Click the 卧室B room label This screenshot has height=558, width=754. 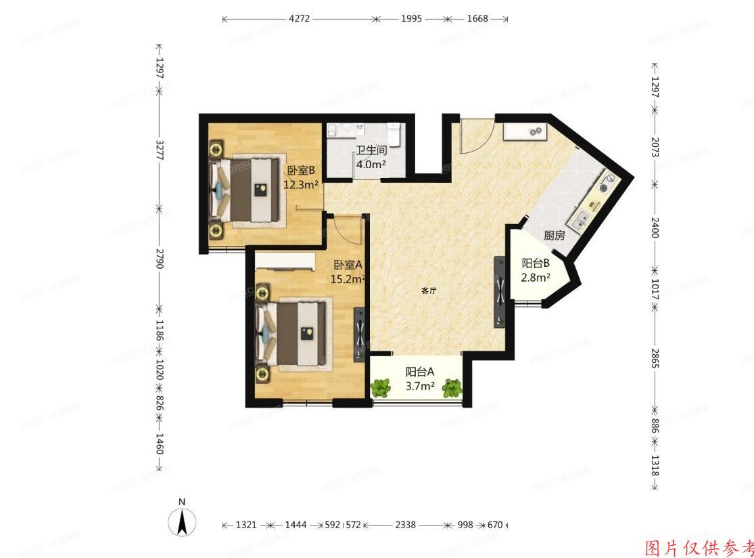[302, 171]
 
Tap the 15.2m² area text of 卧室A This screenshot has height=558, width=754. [348, 278]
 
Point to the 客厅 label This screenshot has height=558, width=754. [428, 291]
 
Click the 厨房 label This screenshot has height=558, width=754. [554, 236]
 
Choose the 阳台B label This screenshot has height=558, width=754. [535, 263]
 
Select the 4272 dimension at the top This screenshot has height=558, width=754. [299, 19]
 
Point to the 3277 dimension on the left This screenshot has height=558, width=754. [160, 150]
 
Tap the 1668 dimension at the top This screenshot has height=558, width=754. [477, 19]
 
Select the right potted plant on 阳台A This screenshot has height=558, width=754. [452, 388]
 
